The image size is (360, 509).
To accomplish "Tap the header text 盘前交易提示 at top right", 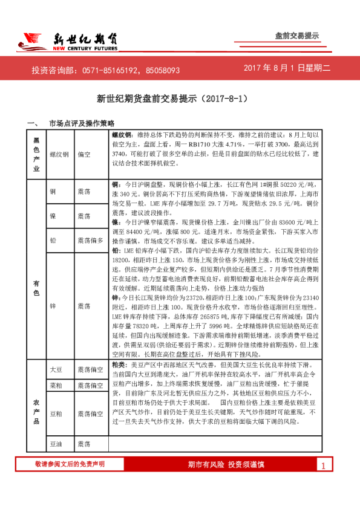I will tap(296, 36).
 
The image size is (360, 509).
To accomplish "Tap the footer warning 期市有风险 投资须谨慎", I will tap(226, 464).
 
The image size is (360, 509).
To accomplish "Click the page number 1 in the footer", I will tap(324, 465).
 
